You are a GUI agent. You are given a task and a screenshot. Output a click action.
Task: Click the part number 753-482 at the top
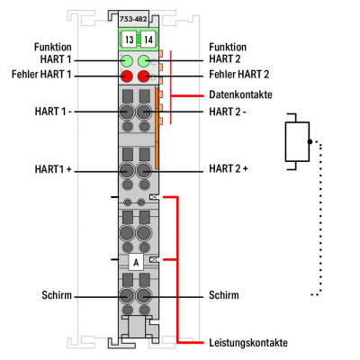tap(133, 19)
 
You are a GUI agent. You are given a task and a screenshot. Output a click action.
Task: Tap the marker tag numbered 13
tap(130, 40)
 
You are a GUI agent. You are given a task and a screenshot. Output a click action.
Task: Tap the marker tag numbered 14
tap(148, 40)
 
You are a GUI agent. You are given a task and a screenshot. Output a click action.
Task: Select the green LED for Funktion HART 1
tap(127, 61)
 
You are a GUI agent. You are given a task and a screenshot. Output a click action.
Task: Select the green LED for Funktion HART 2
tap(144, 61)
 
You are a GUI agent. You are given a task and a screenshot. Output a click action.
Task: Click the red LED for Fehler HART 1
tap(127, 76)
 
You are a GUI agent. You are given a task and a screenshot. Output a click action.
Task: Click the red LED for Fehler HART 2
tap(144, 76)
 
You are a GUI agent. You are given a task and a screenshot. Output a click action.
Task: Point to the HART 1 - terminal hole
tap(127, 112)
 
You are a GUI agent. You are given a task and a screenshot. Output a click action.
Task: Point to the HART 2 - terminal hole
tap(144, 112)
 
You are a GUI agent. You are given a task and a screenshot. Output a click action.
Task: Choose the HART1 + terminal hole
tap(127, 171)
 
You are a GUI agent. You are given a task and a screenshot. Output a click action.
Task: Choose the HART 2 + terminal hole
tap(144, 171)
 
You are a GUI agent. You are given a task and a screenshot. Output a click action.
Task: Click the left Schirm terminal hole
tap(127, 296)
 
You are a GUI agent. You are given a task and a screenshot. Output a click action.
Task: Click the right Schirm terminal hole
tap(144, 296)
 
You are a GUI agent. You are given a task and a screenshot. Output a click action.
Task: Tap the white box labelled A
tap(136, 263)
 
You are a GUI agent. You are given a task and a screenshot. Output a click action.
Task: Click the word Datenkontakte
tap(240, 94)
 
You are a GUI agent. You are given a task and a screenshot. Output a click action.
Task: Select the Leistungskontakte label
tap(248, 343)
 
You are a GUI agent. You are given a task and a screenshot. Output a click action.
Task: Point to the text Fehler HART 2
tap(239, 74)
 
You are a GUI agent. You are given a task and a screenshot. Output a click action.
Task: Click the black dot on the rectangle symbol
tap(310, 141)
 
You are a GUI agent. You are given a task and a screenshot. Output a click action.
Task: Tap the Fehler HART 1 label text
tap(41, 74)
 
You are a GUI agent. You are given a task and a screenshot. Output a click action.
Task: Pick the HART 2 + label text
tap(229, 168)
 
